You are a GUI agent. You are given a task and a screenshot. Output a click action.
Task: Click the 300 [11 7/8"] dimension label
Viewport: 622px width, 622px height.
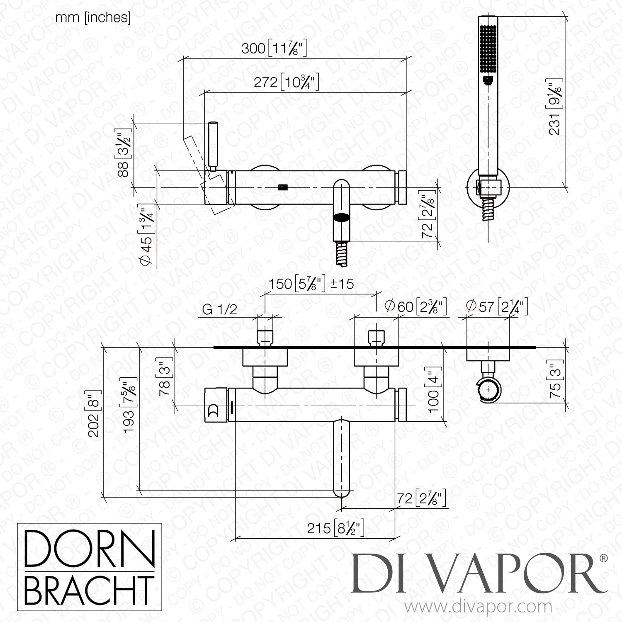(274, 49)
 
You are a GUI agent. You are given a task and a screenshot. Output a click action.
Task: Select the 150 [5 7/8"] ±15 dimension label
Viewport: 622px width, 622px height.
(311, 284)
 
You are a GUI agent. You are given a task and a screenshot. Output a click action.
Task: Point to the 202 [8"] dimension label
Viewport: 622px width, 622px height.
(95, 412)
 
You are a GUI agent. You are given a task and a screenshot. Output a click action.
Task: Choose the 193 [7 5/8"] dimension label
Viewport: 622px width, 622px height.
(131, 405)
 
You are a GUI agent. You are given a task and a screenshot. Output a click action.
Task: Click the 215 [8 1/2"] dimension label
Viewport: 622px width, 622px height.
(336, 528)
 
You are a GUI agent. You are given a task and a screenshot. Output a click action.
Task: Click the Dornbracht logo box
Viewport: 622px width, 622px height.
(89, 566)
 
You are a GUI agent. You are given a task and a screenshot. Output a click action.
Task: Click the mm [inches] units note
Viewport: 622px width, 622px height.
(93, 18)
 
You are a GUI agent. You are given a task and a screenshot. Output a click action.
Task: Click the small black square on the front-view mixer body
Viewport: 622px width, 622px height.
(282, 187)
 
